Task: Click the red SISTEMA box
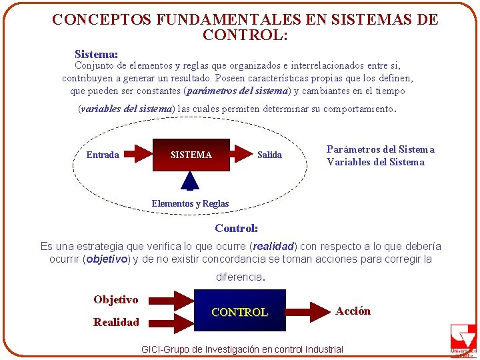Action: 191,155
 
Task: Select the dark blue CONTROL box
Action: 240,311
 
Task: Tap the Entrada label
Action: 103,155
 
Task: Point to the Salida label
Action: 269,155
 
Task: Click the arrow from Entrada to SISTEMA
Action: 139,155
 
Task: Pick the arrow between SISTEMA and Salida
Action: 241,155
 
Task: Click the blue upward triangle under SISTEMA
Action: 191,181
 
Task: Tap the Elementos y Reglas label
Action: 190,203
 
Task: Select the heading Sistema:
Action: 97,53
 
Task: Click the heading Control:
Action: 236,228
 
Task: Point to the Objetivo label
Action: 116,299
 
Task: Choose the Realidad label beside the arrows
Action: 116,322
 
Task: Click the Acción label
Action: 353,311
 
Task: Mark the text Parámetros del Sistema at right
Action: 380,149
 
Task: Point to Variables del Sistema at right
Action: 375,162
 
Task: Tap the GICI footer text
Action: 243,349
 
